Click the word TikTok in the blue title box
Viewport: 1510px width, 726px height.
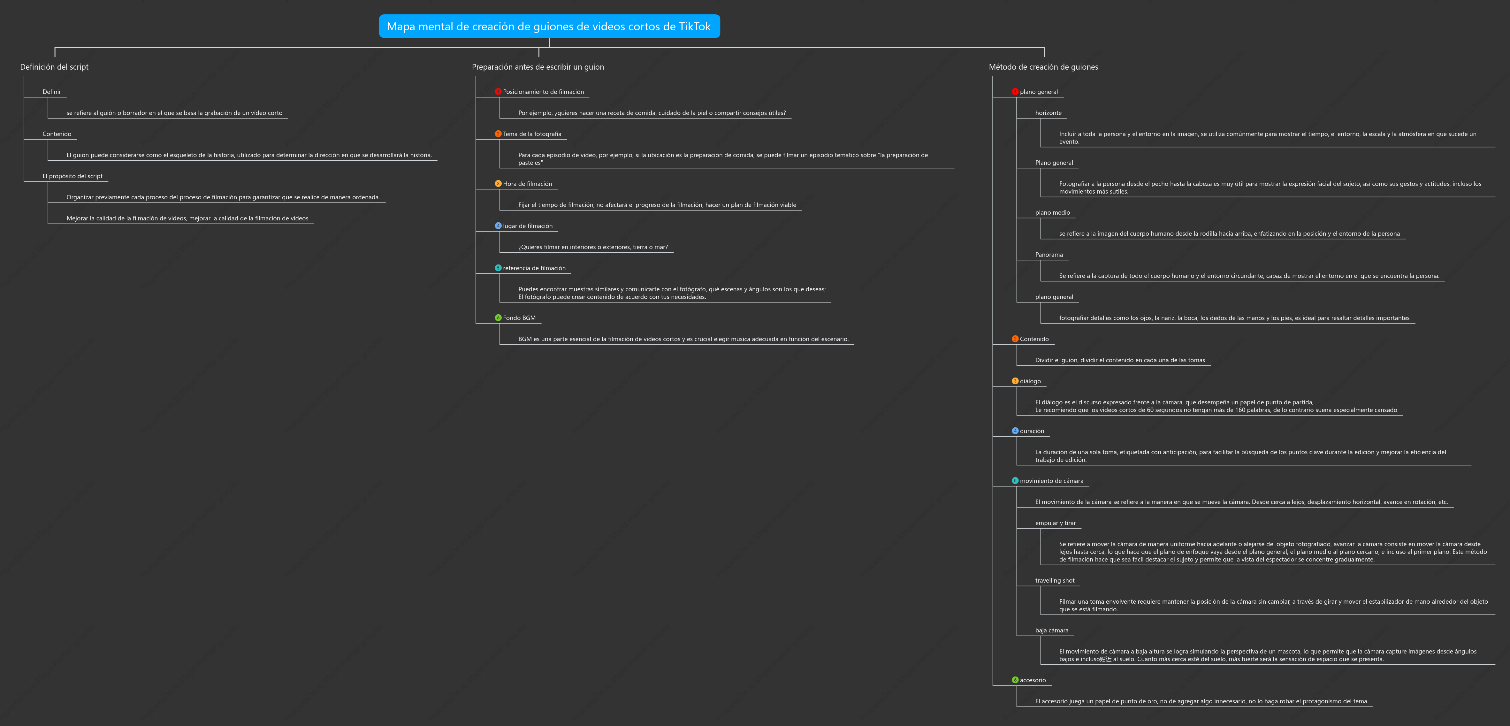pos(695,27)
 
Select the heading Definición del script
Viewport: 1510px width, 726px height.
pos(55,67)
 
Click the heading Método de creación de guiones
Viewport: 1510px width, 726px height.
pos(1043,67)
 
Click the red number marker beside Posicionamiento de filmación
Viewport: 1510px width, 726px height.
pos(498,91)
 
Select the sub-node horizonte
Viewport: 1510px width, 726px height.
pos(1048,113)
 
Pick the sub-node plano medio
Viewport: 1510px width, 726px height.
pos(1052,213)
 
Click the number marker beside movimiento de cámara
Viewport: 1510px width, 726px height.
pos(1015,481)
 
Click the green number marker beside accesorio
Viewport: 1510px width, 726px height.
pos(1015,680)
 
